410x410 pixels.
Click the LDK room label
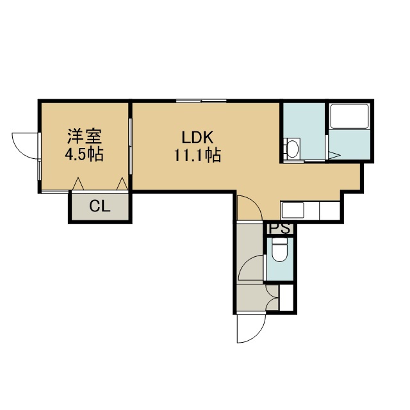[197, 138]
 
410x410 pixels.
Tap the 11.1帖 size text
[197, 155]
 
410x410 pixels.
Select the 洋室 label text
[85, 136]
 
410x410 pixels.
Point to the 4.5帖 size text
[84, 154]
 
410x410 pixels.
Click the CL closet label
[100, 206]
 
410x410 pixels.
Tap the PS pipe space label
[279, 229]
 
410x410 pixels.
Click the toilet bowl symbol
[279, 249]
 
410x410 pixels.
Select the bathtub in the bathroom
[349, 117]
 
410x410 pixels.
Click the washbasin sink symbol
[292, 148]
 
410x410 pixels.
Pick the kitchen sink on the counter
[292, 210]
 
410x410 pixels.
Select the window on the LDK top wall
[201, 101]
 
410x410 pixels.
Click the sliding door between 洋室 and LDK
[130, 146]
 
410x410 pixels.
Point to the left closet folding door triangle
[78, 184]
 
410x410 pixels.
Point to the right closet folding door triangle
[122, 184]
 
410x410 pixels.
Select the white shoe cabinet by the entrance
[286, 297]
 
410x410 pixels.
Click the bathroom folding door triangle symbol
[334, 155]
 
